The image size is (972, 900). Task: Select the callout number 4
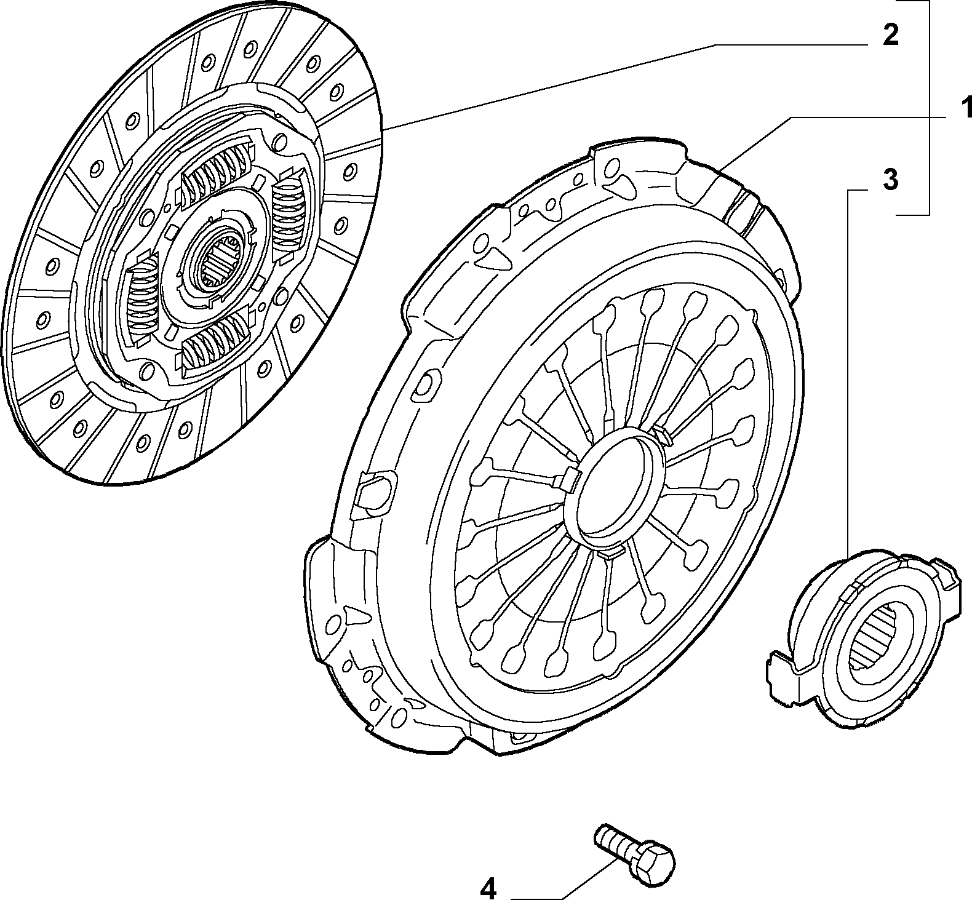pyautogui.click(x=487, y=887)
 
